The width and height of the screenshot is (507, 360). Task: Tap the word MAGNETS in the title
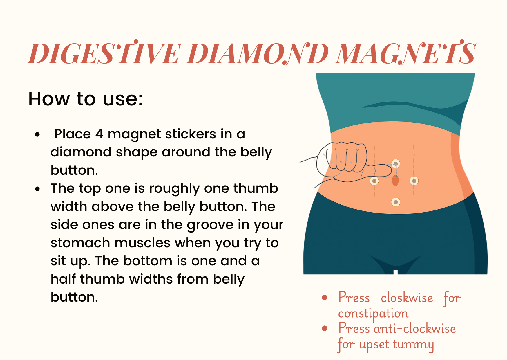tap(405, 54)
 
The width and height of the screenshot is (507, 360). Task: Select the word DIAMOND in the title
tap(258, 54)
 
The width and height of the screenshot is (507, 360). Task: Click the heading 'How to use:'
tap(86, 99)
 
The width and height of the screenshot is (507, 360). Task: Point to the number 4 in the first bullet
tap(99, 134)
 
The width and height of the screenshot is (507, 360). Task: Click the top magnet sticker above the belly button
tap(396, 163)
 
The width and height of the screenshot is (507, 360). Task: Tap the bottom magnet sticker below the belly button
tap(396, 202)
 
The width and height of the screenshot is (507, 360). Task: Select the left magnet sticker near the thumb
tap(374, 181)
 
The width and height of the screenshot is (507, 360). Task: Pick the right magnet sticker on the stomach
tap(414, 181)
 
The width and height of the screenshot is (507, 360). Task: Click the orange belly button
tap(395, 181)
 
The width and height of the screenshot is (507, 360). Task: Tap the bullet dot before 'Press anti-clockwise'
tap(325, 328)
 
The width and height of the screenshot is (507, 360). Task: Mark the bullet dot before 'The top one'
tap(37, 189)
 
